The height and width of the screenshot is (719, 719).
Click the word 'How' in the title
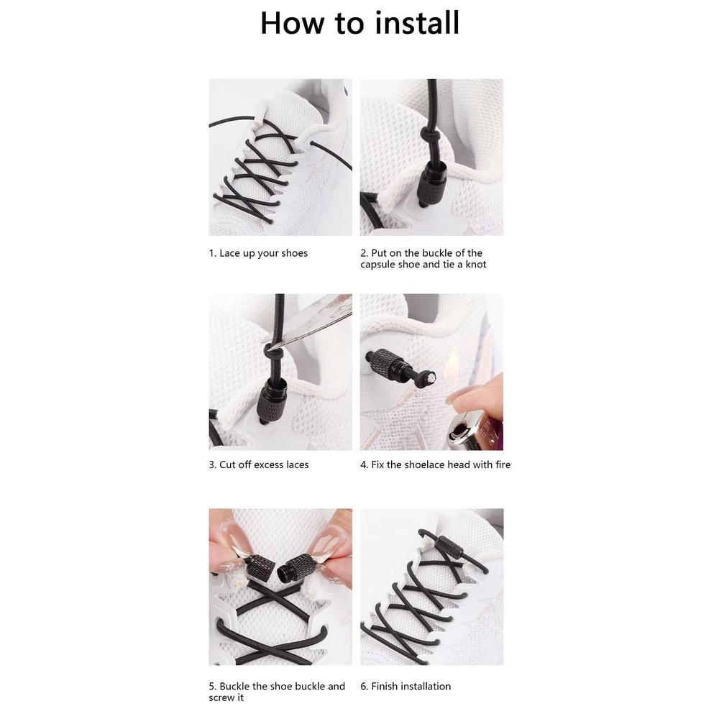(x=291, y=23)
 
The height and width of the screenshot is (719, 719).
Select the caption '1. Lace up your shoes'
(x=258, y=253)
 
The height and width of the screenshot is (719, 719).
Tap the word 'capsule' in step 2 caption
(x=380, y=265)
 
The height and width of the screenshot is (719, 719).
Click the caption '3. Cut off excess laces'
(x=259, y=464)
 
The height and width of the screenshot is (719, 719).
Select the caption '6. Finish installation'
(x=406, y=686)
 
